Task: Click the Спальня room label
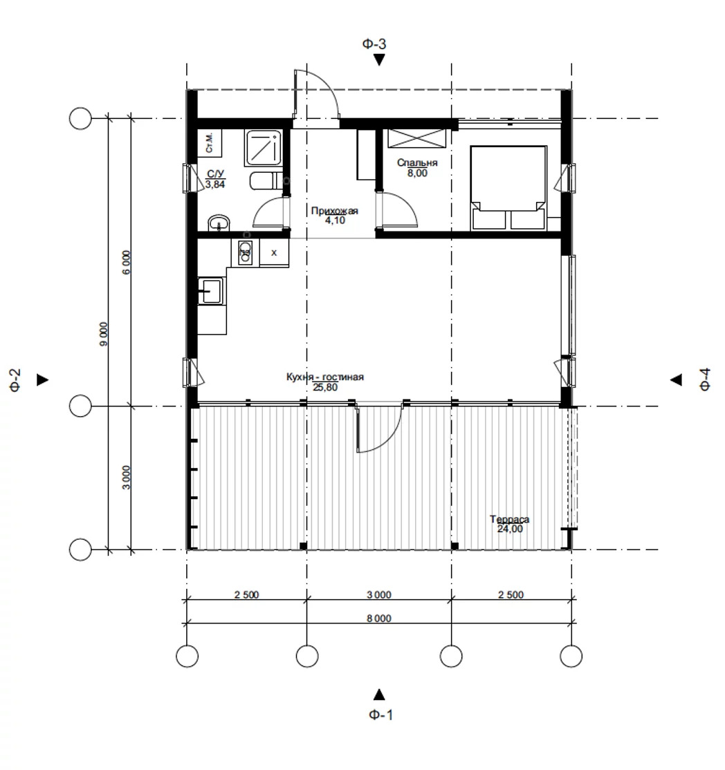[417, 162]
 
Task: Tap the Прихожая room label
[335, 211]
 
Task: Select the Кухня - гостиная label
[325, 377]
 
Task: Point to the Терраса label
[510, 519]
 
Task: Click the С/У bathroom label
[215, 174]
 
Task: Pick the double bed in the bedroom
[508, 187]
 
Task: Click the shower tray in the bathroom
[263, 147]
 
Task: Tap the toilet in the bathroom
[266, 181]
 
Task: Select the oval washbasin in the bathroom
[219, 223]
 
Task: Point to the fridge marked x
[274, 253]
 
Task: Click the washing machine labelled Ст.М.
[210, 143]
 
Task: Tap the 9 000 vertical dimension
[103, 334]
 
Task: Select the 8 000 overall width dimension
[379, 618]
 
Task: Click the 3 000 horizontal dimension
[379, 594]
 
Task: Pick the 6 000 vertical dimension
[127, 262]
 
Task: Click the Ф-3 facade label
[374, 44]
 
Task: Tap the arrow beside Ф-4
[677, 379]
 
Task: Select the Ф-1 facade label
[381, 715]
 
